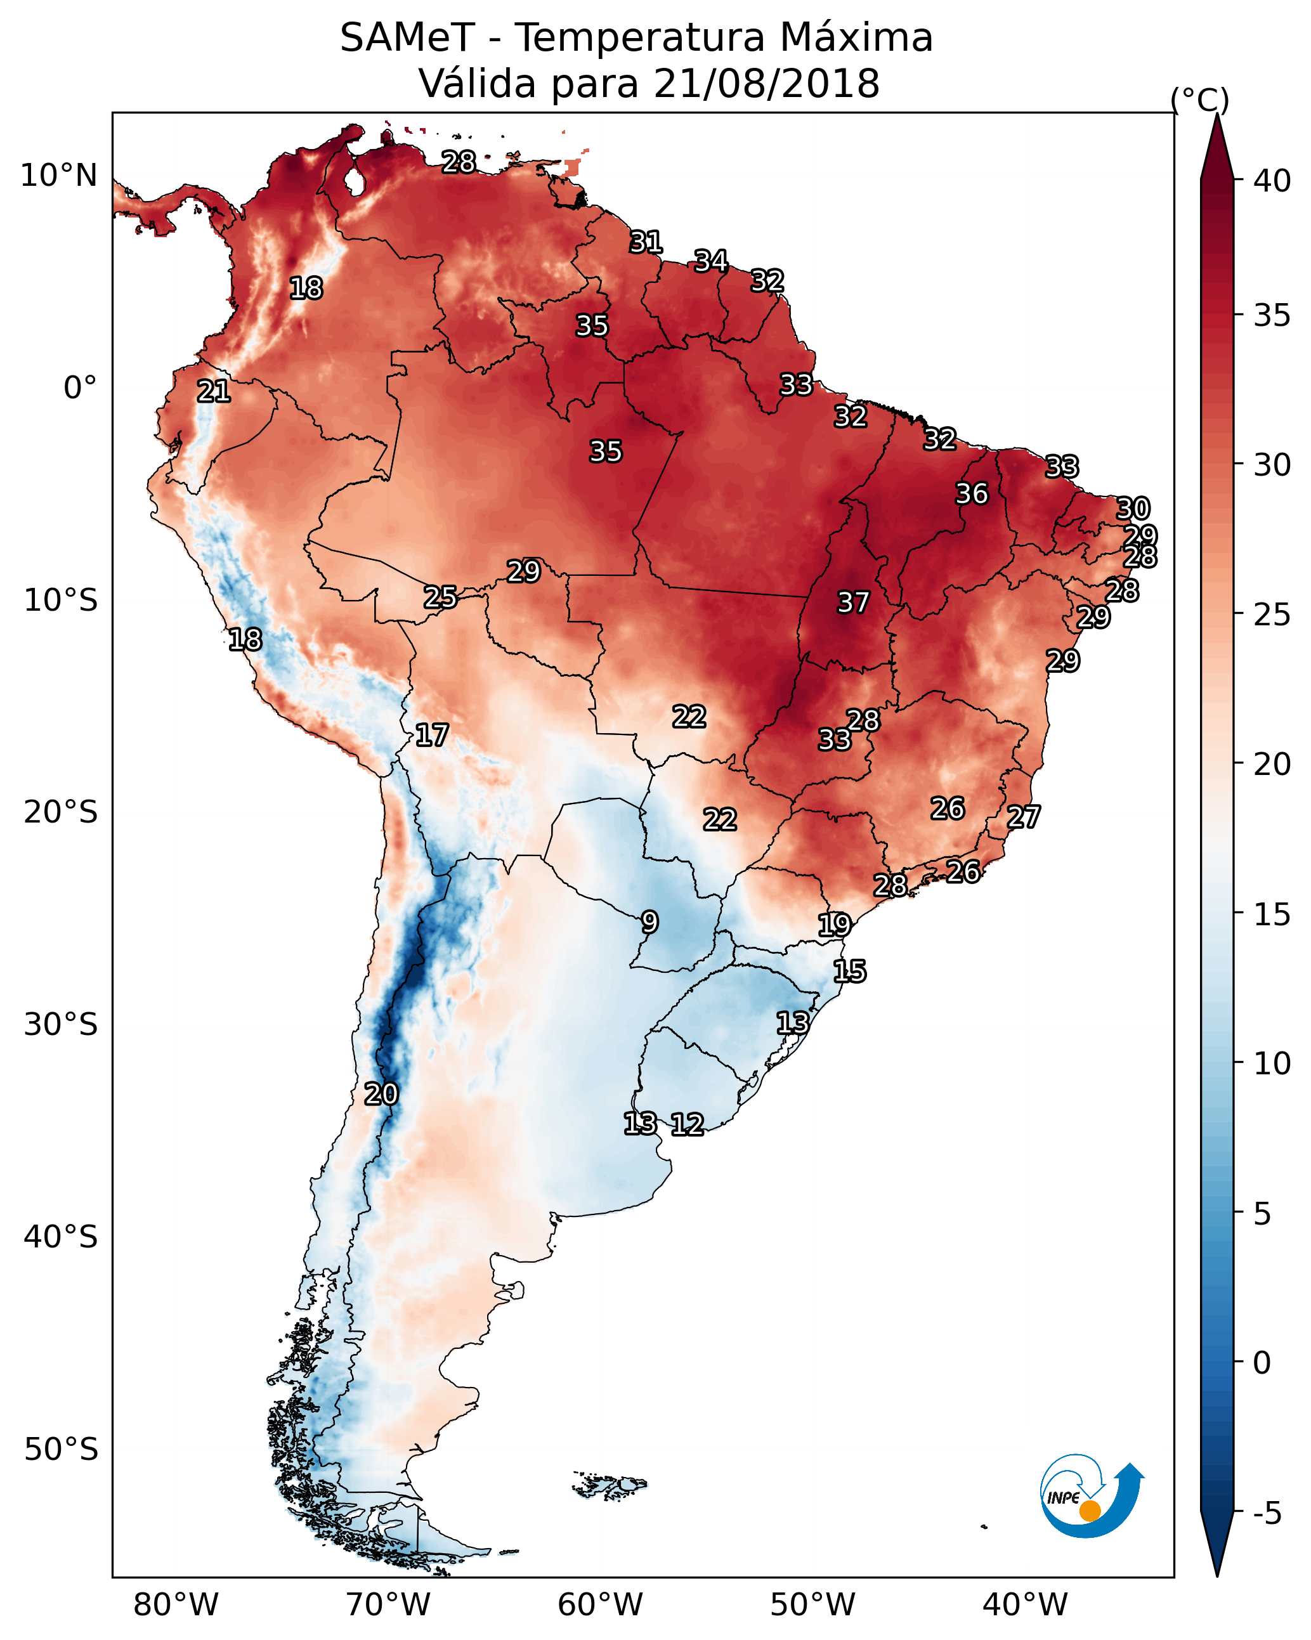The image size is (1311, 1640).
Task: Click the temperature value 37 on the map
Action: click(853, 602)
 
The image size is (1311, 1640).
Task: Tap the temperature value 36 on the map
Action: click(972, 493)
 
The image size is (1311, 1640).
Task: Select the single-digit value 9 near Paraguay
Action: click(649, 922)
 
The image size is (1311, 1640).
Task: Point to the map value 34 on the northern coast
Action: click(710, 261)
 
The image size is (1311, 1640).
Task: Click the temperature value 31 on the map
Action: click(645, 242)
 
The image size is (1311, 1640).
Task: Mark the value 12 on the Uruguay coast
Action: click(687, 1124)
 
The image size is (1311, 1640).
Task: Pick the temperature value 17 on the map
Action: click(431, 735)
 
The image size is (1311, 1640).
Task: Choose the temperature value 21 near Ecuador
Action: click(214, 391)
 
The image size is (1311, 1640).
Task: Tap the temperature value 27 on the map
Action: click(1024, 817)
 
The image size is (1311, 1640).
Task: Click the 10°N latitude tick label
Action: click(58, 176)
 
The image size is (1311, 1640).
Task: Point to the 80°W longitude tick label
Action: click(176, 1605)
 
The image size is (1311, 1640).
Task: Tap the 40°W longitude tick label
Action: click(1025, 1605)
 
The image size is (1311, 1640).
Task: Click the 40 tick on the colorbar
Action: click(1272, 181)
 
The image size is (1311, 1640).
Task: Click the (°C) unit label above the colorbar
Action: click(1199, 100)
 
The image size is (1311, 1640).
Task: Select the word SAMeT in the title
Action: click(407, 38)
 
